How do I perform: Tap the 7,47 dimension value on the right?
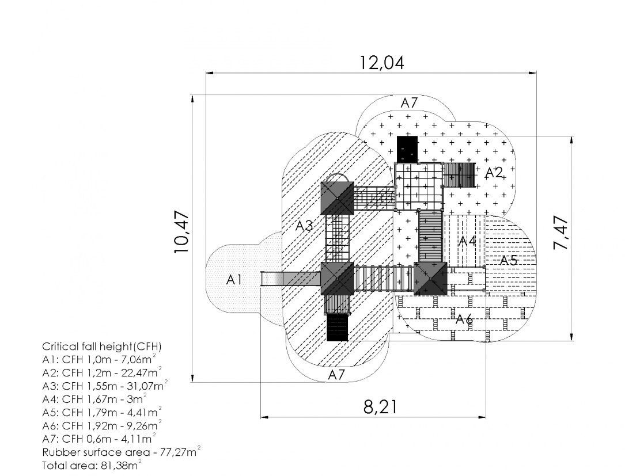560,233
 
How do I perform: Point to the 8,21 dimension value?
380,407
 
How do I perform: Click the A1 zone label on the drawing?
234,280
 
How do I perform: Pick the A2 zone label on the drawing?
494,172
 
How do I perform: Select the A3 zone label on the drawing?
304,226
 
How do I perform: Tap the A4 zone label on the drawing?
467,241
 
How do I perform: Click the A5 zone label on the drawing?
508,260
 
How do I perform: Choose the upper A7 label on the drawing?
409,103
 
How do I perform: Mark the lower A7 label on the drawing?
337,375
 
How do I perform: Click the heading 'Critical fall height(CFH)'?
102,347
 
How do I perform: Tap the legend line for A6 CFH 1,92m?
102,425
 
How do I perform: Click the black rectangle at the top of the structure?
407,148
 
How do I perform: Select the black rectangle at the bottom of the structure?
338,328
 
